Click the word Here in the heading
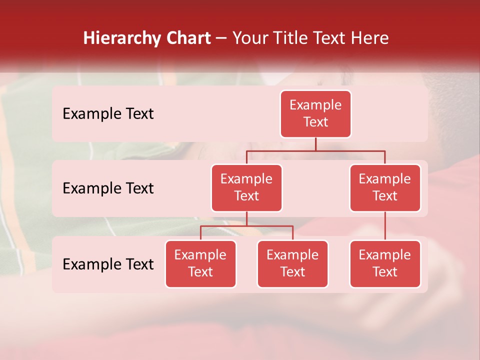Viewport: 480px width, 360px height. [369, 38]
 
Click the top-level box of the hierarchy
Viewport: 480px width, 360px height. [315, 113]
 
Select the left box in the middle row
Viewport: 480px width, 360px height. [246, 187]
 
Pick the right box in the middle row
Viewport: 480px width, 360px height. [385, 187]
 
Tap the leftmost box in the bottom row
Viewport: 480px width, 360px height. [200, 263]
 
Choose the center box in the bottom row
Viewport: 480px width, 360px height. [292, 263]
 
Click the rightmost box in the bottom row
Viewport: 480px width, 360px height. [385, 263]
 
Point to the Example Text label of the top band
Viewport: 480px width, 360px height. [108, 114]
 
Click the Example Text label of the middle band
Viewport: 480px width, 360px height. [108, 188]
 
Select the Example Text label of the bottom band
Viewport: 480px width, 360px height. [108, 264]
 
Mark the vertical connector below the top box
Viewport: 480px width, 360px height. [315, 144]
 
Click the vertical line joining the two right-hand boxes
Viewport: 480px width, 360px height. [385, 226]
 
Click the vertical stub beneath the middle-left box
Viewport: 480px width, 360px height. [246, 218]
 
